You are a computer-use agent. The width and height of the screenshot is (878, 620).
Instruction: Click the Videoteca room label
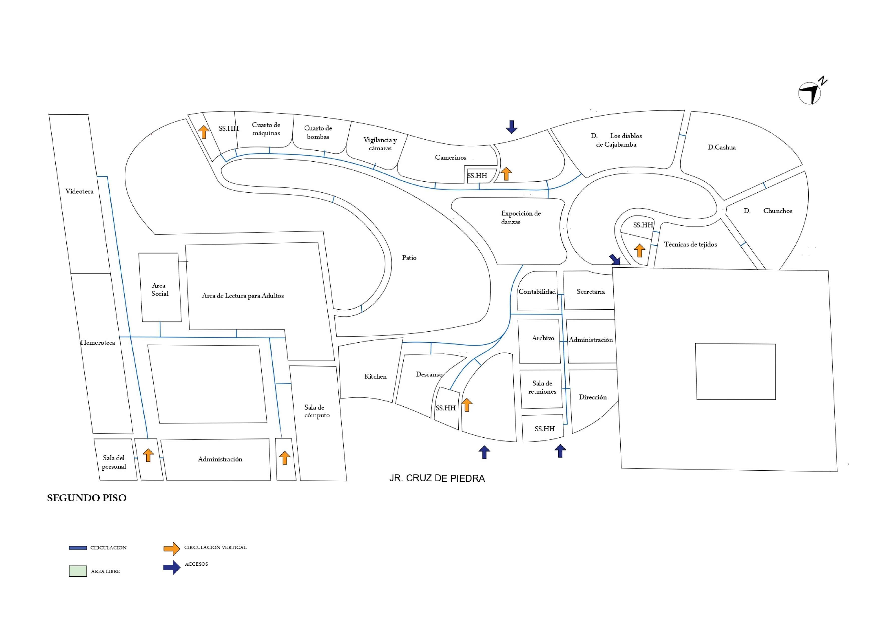click(x=79, y=191)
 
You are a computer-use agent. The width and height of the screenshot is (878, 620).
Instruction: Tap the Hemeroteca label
click(x=98, y=343)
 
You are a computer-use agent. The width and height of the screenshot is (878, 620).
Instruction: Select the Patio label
click(x=409, y=258)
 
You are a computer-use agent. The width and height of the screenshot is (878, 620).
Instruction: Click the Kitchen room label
click(x=375, y=376)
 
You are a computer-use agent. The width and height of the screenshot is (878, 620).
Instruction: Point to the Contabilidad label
click(x=537, y=291)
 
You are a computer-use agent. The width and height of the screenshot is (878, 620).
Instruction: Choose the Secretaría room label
click(x=590, y=291)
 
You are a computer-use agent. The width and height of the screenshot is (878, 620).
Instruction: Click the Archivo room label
click(x=543, y=338)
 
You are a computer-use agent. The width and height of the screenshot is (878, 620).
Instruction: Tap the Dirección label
click(x=592, y=397)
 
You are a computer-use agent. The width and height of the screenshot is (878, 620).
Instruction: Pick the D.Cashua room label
click(x=721, y=147)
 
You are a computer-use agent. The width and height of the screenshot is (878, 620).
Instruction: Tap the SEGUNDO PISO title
click(x=86, y=498)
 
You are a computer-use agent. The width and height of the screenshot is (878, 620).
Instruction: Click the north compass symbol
click(x=810, y=93)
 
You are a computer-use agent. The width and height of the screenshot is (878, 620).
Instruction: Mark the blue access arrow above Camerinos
click(x=511, y=127)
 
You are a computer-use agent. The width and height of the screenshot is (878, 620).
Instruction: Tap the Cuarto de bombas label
click(x=318, y=132)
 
